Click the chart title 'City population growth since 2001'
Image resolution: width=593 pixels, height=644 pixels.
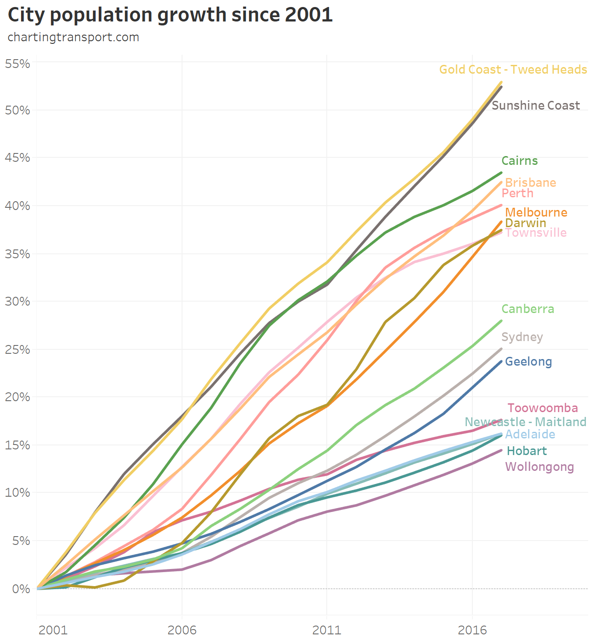point(170,15)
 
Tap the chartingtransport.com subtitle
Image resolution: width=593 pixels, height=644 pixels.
point(73,37)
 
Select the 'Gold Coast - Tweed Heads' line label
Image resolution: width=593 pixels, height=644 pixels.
point(513,70)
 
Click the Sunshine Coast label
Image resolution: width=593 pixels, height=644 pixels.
point(536,106)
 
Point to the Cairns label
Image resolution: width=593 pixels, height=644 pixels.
point(519,161)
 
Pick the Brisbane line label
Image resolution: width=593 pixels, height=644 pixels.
point(530,183)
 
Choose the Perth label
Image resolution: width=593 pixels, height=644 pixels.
point(517,193)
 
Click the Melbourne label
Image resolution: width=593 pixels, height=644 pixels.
point(536,213)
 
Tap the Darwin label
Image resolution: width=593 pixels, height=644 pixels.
point(525,223)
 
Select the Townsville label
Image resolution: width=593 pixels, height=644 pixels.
point(536,233)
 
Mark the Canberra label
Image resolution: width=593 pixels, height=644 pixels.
point(528,309)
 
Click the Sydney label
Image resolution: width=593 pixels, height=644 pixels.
point(522,337)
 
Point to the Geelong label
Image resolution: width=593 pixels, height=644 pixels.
point(528,362)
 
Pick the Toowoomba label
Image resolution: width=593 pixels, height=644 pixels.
point(543,408)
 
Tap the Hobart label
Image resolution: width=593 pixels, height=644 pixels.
point(526,451)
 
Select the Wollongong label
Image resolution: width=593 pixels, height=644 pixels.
point(539,467)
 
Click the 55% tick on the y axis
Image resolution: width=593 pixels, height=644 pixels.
point(17,64)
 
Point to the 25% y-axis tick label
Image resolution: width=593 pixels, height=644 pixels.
point(17,350)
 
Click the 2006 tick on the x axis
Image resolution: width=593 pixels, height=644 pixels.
point(182,630)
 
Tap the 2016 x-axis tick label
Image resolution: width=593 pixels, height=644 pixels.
point(472,630)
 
